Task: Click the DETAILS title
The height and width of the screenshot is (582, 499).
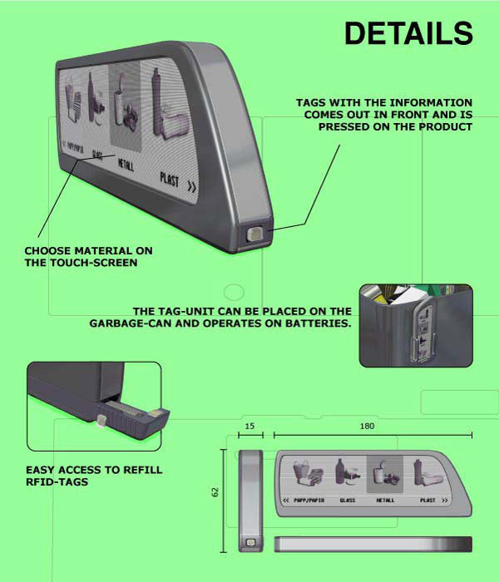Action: (408, 33)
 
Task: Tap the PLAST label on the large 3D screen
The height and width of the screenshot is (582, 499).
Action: (170, 179)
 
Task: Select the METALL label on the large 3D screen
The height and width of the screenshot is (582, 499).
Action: (126, 164)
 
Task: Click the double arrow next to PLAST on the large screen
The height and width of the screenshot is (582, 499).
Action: (191, 186)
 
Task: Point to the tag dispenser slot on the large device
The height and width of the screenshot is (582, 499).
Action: (255, 234)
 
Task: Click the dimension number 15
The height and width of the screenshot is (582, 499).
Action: (249, 426)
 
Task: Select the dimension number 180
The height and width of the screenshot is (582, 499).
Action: (367, 426)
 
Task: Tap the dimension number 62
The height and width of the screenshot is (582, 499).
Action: (215, 492)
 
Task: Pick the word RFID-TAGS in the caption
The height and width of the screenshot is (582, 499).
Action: (57, 481)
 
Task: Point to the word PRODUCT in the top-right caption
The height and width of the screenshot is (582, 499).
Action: (446, 127)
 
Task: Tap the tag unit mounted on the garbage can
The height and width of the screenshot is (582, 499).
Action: (422, 332)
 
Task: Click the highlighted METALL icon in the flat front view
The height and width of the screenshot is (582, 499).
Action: (384, 474)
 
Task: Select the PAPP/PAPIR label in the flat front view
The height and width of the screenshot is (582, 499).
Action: (309, 501)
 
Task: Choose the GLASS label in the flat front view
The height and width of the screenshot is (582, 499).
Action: (348, 501)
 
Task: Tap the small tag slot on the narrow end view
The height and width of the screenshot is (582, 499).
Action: (251, 543)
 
